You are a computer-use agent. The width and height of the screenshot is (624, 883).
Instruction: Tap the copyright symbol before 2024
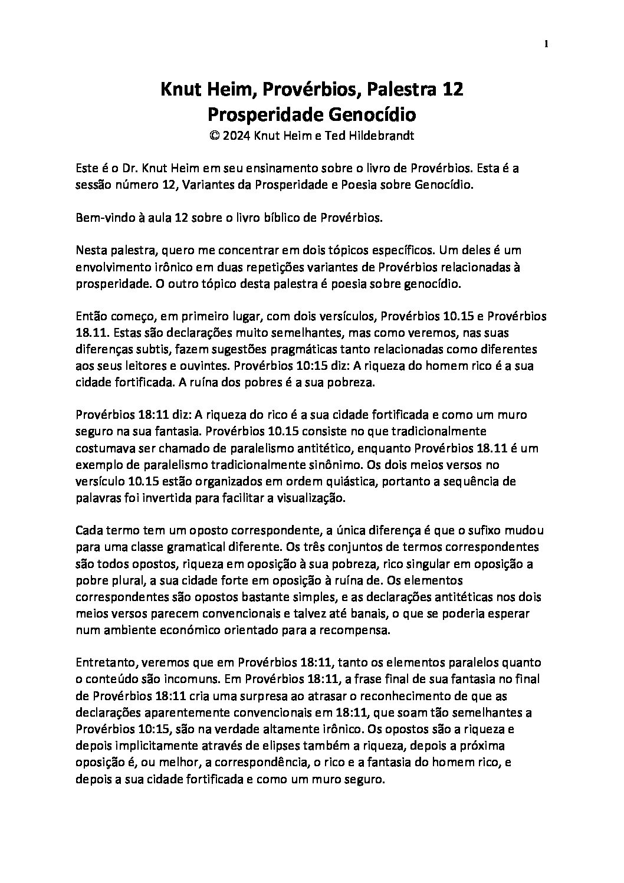coord(215,135)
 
